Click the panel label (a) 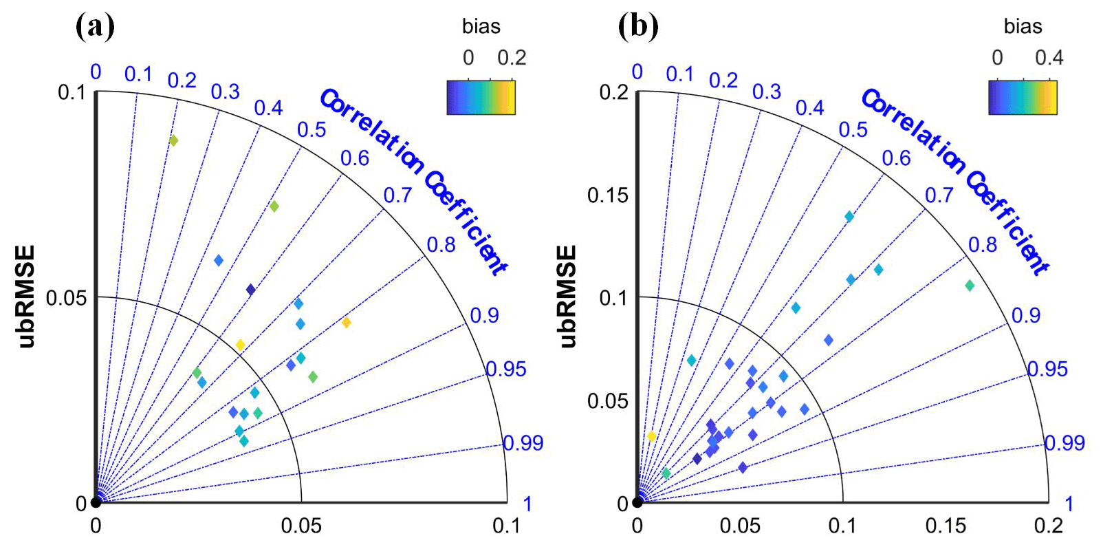point(95,27)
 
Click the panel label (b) point(638,27)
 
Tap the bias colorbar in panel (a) point(481,97)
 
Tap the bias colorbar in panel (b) point(1023,97)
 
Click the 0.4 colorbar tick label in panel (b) point(1049,58)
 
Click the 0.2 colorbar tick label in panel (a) point(512,58)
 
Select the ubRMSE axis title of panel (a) point(26,297)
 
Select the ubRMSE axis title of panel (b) point(567,297)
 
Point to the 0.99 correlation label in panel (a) point(523,442)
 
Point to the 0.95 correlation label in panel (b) point(1047,369)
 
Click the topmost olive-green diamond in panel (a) point(173,140)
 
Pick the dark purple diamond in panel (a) point(251,290)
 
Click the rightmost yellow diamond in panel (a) point(347,323)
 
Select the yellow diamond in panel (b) point(651,436)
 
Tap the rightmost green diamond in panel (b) point(970,286)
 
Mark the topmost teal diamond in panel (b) point(849,217)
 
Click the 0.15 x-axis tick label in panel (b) point(945,526)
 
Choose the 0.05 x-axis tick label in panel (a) point(301,526)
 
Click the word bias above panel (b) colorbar point(1023,27)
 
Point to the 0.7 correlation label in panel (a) point(397,195)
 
